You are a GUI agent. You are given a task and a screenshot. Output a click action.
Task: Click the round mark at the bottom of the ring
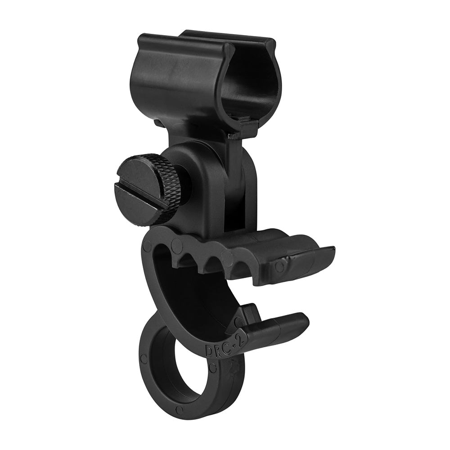coord(180,410)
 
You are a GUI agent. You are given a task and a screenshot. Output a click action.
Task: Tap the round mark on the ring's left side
coord(144,359)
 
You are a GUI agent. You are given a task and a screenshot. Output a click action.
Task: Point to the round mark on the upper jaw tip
coord(280,266)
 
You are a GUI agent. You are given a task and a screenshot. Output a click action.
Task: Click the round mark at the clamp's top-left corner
coord(147,246)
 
